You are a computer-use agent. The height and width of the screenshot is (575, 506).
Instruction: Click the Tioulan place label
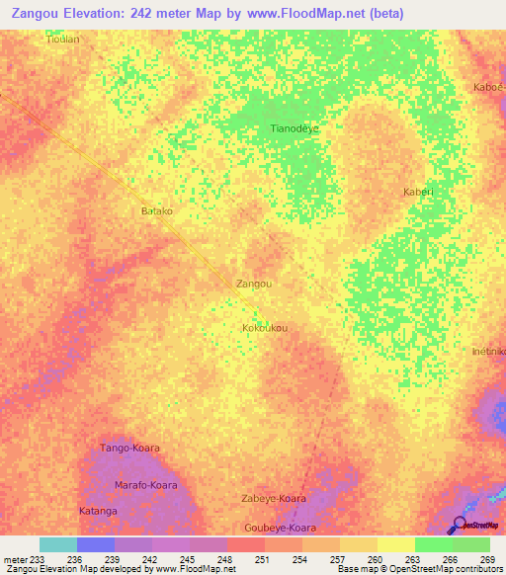(x=63, y=41)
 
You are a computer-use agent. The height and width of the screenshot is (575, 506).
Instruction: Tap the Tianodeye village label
(x=295, y=128)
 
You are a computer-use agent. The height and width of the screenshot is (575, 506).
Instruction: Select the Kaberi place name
(x=418, y=192)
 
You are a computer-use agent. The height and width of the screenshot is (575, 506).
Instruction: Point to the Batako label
(x=157, y=211)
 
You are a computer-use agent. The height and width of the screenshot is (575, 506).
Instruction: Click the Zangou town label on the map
(x=254, y=284)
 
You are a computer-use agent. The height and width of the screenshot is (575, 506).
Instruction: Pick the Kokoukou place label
(x=265, y=327)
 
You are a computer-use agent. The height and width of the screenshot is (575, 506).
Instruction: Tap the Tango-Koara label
(x=129, y=449)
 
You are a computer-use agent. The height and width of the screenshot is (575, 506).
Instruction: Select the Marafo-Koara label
(x=145, y=485)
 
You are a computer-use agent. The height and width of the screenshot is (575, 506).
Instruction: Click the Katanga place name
(x=98, y=511)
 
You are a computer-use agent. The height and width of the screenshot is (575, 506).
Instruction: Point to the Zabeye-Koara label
(x=273, y=499)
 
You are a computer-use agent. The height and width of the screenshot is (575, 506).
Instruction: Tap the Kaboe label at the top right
(x=490, y=87)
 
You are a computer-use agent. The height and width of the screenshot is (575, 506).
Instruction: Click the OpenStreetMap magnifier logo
(x=459, y=524)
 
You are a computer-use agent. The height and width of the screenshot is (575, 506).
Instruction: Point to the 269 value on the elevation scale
(x=488, y=560)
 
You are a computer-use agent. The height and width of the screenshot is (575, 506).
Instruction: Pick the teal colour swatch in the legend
(x=57, y=544)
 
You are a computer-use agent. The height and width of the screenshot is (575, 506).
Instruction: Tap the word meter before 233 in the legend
(x=15, y=560)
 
